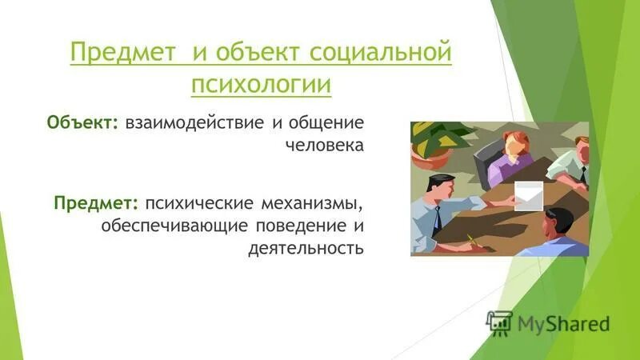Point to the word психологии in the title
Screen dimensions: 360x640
(x=261, y=83)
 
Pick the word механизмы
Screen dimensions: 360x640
(x=313, y=198)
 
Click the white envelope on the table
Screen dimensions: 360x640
(x=527, y=193)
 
